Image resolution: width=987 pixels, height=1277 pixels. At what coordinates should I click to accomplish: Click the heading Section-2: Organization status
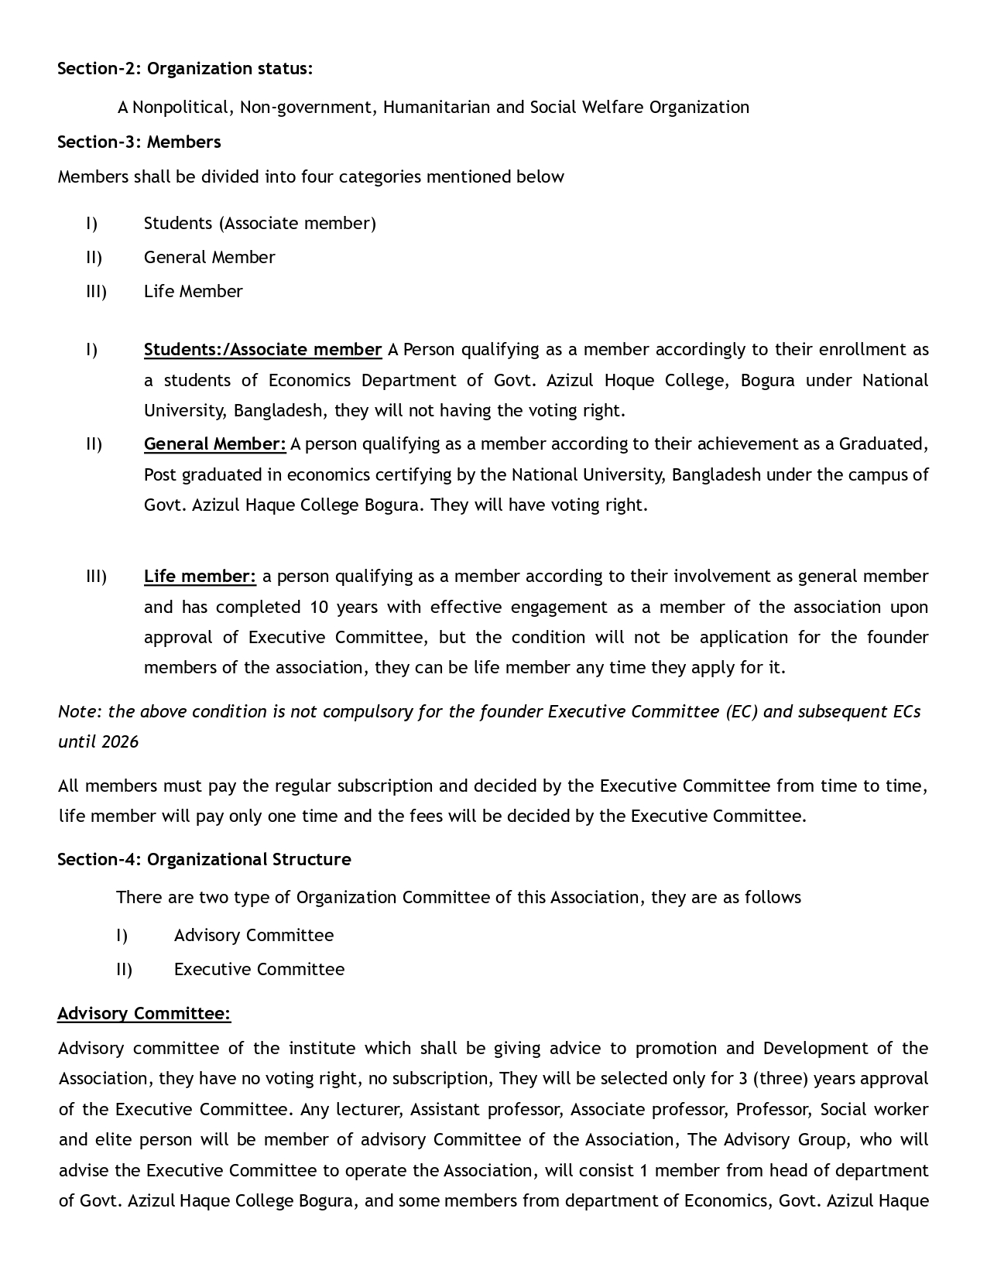(x=185, y=68)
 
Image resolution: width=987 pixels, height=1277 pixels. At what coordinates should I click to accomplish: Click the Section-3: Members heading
(x=139, y=142)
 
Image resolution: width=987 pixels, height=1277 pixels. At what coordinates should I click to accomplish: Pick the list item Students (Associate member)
(x=259, y=223)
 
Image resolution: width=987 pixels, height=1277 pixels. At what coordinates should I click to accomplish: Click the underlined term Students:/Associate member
(x=262, y=349)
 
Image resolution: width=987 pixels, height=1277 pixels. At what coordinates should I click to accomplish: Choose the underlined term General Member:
(x=214, y=443)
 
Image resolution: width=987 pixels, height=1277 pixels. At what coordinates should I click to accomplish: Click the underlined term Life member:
(x=200, y=576)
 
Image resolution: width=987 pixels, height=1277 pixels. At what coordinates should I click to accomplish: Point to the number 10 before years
(x=320, y=607)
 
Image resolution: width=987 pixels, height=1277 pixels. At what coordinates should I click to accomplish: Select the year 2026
(x=120, y=741)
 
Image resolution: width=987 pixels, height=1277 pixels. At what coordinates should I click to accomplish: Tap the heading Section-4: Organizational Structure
(x=204, y=859)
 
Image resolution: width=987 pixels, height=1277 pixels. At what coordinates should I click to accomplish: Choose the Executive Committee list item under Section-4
(x=259, y=969)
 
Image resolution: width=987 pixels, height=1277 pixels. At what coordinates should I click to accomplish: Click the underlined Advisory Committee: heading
(x=144, y=1013)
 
